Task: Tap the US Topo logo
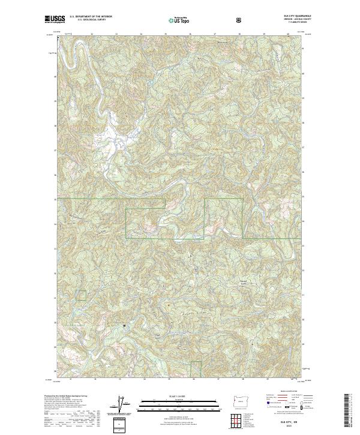(180, 21)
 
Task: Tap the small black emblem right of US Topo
(205, 20)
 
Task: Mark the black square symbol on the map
(124, 326)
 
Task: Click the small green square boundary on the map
(81, 295)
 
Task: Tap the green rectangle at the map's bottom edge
(196, 370)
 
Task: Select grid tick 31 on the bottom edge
(70, 379)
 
